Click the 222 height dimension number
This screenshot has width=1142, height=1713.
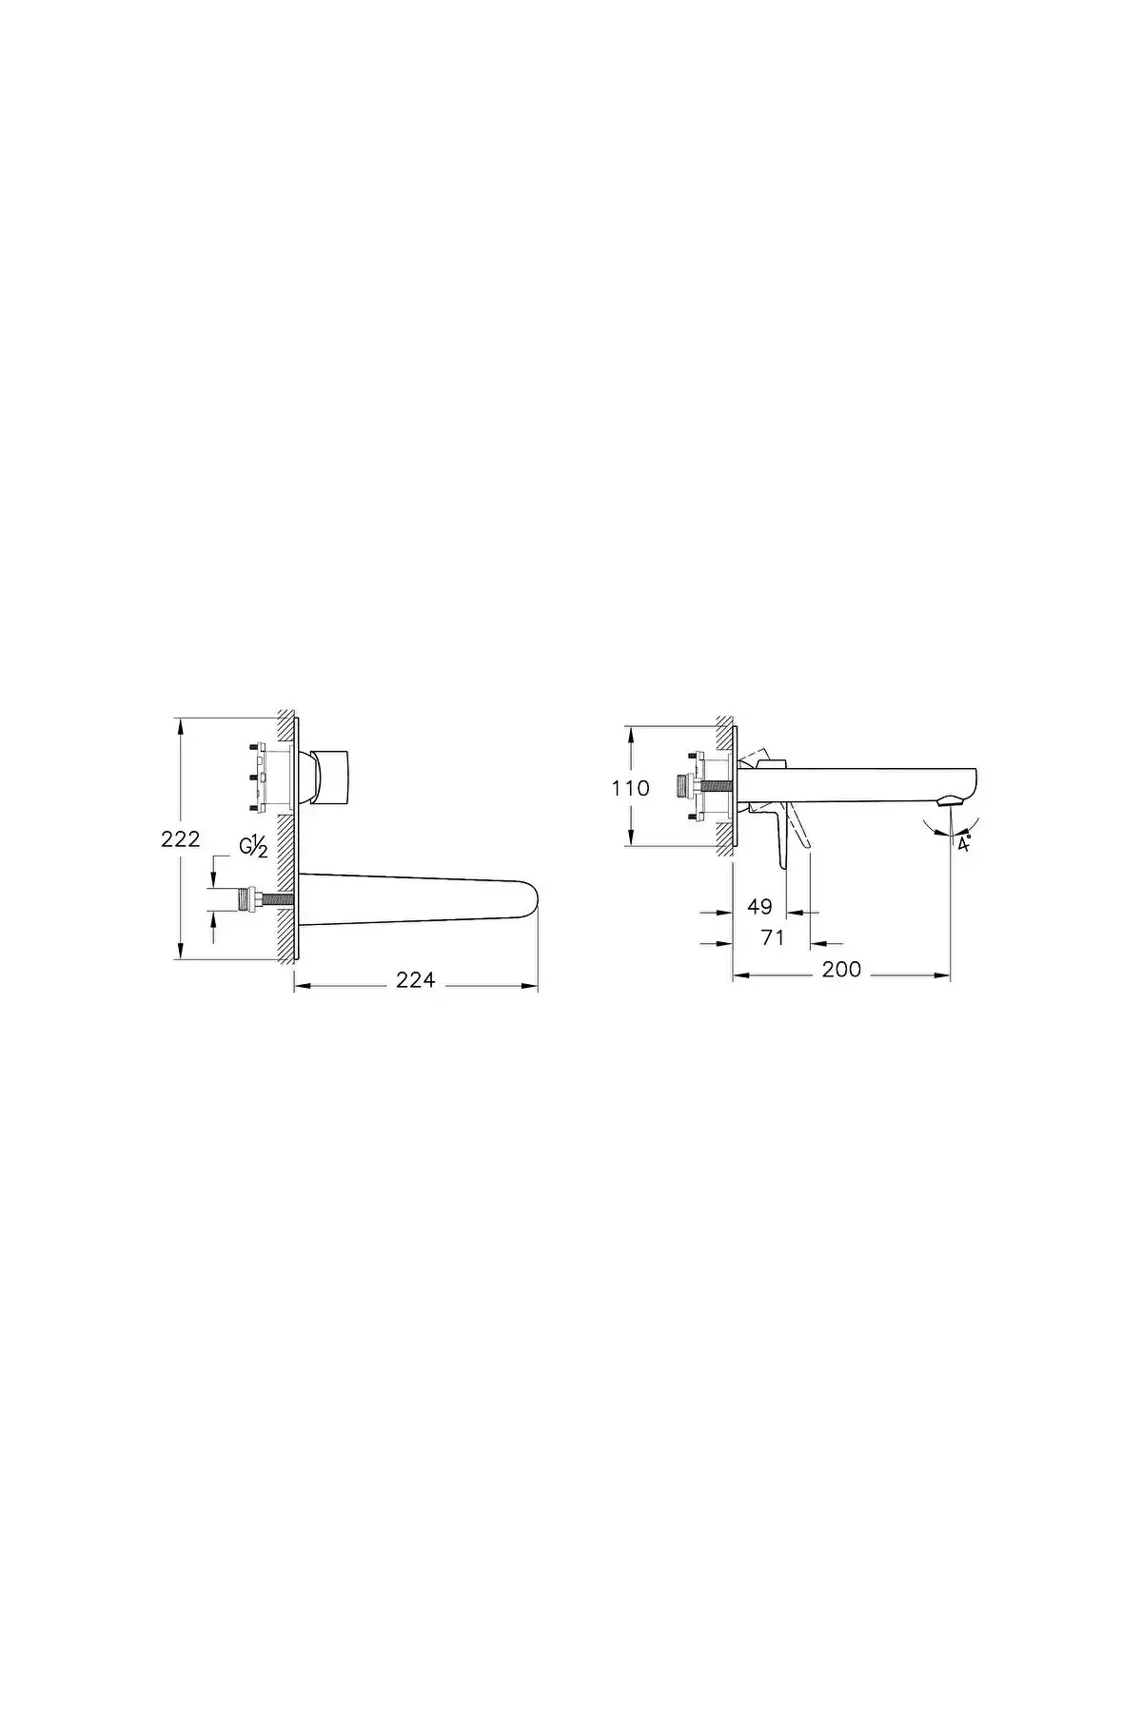[x=180, y=838]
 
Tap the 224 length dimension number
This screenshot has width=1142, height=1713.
[x=416, y=979]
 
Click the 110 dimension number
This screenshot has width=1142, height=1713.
[x=631, y=788]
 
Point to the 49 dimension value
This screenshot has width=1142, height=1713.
[x=759, y=906]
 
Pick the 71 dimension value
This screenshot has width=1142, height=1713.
[x=773, y=937]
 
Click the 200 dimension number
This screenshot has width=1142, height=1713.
[x=841, y=969]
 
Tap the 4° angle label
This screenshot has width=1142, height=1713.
[x=964, y=844]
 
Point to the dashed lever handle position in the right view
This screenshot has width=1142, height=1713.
[x=804, y=839]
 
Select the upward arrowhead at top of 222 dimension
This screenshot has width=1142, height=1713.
[x=180, y=724]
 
